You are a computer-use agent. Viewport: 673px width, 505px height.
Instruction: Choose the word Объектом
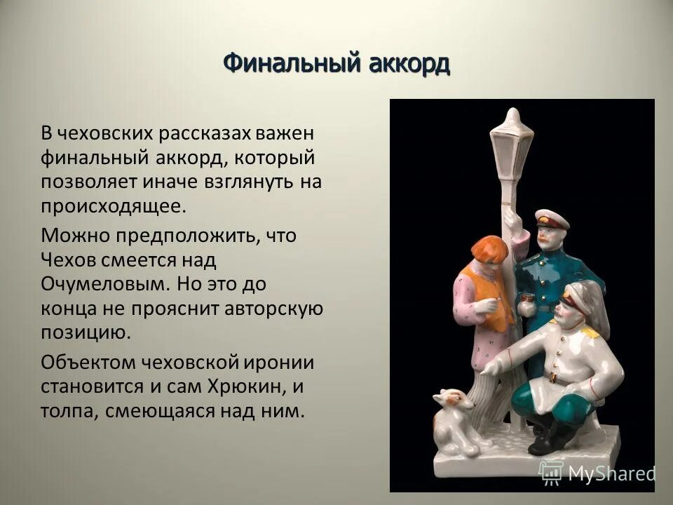point(88,362)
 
